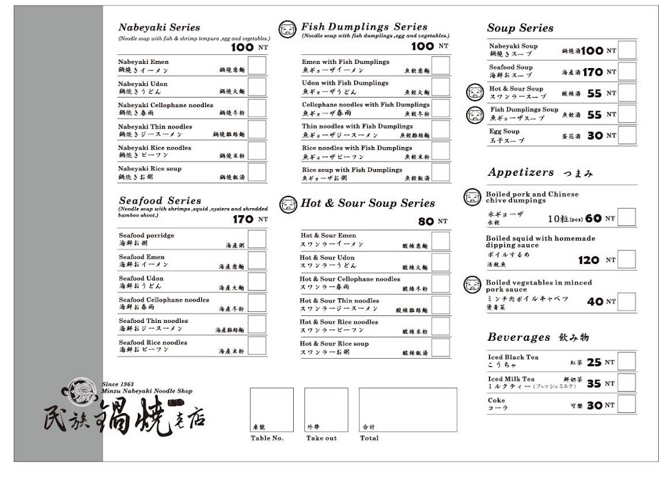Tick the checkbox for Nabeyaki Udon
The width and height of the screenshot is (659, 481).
(257, 87)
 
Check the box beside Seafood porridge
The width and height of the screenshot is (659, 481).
(257, 238)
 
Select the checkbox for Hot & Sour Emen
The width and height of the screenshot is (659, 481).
(441, 241)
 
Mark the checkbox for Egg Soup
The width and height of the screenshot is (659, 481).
(627, 135)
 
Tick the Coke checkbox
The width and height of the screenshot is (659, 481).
(627, 405)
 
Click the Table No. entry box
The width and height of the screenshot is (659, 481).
(271, 410)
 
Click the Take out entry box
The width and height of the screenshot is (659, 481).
(326, 410)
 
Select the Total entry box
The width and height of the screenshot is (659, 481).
(408, 410)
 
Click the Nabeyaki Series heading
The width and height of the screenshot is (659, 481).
(159, 27)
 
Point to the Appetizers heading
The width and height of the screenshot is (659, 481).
(520, 172)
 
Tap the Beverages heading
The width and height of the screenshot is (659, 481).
(519, 337)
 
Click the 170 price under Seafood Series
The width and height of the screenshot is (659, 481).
(243, 219)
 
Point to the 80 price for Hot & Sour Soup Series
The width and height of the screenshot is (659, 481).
(426, 221)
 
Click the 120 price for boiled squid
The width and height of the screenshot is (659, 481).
(589, 260)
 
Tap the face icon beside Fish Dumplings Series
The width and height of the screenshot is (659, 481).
(288, 29)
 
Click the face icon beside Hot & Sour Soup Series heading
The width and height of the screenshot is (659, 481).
(288, 204)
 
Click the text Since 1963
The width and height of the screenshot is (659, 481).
(116, 383)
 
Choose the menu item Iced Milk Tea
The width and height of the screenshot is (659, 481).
(511, 379)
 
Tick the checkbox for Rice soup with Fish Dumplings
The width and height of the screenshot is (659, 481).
(441, 172)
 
